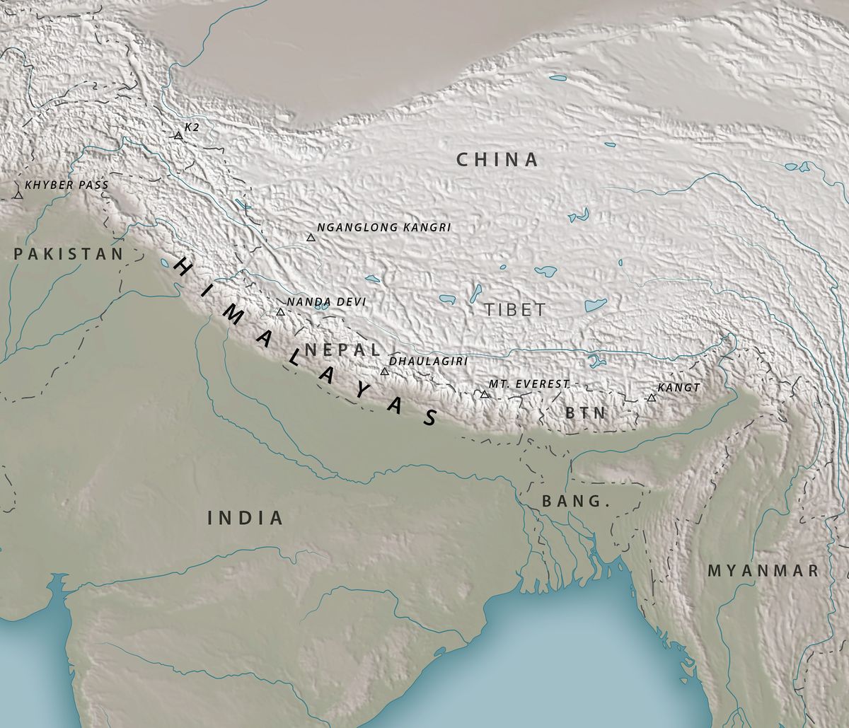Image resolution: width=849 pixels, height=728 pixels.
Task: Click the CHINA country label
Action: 497,160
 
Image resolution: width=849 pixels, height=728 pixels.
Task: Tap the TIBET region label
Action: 516,310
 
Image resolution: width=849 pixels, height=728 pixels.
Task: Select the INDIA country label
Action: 245,518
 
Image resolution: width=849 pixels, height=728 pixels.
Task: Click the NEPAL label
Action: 342,349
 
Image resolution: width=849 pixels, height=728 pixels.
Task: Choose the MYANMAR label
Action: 763,570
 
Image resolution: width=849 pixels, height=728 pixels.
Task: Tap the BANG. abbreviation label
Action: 575,502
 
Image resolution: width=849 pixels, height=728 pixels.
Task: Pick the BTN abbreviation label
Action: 586,413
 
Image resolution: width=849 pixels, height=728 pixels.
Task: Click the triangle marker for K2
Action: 178,135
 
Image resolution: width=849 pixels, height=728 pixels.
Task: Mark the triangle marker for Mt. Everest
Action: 485,394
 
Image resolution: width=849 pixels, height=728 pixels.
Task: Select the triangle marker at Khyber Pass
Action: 17,195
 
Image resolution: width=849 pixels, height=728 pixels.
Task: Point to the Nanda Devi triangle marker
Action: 280,312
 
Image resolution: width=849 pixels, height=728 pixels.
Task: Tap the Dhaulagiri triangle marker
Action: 384,371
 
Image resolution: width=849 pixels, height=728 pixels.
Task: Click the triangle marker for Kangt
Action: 651,398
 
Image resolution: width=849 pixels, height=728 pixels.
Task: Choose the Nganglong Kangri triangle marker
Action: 311,238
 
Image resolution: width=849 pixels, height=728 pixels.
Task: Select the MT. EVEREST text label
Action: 529,383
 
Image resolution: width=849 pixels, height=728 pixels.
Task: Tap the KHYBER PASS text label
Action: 67,185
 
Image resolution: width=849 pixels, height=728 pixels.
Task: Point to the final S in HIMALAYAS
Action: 429,418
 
